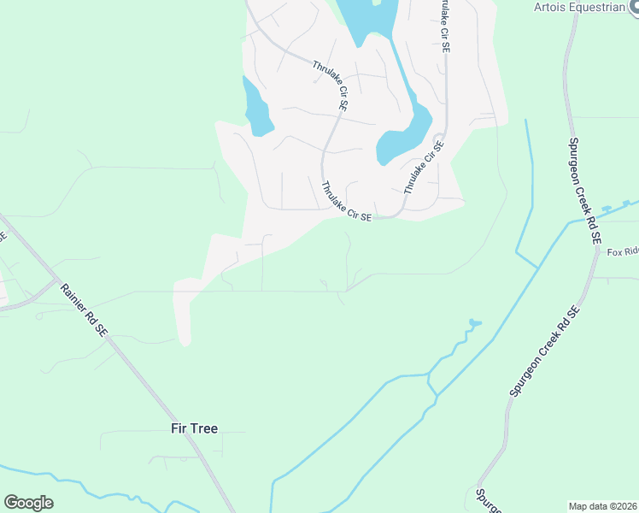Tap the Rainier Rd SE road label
[85, 306]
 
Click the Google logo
[28, 503]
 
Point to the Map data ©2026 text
[603, 506]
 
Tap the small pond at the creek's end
[474, 323]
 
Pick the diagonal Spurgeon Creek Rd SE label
[545, 352]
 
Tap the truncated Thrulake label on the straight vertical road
[443, 27]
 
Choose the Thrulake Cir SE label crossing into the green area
[346, 201]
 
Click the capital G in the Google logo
[11, 503]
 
